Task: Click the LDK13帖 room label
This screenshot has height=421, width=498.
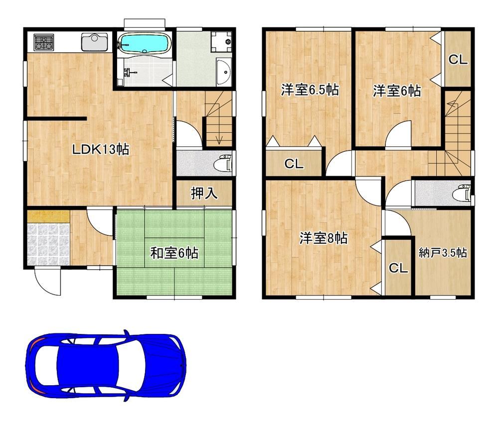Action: point(101,149)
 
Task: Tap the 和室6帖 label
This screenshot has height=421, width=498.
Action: point(174,253)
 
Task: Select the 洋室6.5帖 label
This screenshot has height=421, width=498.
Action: point(310,91)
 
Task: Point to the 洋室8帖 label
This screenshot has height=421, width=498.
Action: point(324,238)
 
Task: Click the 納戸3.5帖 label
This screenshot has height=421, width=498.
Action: point(443,253)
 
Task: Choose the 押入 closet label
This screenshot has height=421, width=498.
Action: point(204,193)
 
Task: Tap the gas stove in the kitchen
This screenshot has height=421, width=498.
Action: point(44,42)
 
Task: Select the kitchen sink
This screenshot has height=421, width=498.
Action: point(94,42)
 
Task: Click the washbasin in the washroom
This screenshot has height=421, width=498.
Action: point(224,72)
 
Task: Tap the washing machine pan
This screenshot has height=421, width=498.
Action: point(222,41)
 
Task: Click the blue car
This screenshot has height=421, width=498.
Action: point(106,366)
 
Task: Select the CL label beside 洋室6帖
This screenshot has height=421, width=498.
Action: point(458,59)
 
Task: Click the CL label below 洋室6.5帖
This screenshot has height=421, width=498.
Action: point(294,164)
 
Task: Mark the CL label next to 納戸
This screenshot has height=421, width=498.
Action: point(398,268)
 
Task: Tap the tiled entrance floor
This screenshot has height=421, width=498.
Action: point(48,244)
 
